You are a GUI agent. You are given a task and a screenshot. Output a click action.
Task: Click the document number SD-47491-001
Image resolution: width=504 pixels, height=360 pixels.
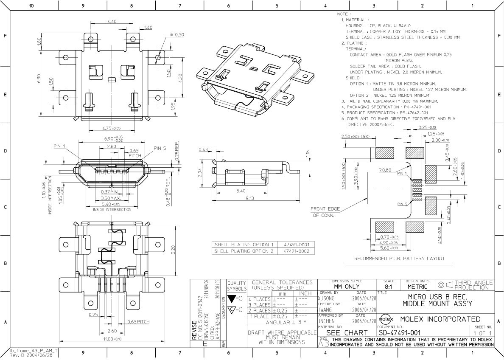[405, 333]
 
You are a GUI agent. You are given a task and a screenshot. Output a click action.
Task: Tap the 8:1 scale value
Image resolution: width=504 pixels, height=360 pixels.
[388, 287]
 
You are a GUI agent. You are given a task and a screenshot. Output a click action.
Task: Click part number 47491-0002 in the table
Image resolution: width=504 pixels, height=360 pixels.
[296, 251]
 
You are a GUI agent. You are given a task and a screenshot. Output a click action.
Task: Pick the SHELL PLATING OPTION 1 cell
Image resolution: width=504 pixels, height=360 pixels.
[244, 245]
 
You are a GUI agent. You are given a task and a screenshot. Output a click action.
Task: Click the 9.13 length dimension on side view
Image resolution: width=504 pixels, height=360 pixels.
[249, 198]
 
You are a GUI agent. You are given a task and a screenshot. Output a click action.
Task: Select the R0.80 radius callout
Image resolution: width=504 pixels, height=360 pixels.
[385, 170]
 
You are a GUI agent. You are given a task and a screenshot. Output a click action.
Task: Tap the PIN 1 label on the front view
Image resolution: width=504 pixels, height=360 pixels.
[59, 146]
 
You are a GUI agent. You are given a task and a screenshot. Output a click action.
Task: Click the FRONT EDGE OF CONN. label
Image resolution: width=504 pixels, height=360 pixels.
[323, 212]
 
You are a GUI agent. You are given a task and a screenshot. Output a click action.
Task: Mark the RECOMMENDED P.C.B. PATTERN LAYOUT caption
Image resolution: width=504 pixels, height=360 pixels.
[399, 259]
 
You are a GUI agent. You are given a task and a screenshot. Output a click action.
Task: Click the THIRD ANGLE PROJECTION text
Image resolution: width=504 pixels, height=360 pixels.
[473, 285]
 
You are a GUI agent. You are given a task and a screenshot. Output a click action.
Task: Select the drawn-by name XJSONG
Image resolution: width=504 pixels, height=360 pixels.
[326, 298]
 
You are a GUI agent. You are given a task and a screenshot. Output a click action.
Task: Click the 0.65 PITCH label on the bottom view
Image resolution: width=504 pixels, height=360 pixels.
[138, 322]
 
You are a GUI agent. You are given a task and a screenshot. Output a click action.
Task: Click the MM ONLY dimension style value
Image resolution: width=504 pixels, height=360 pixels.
[347, 287]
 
